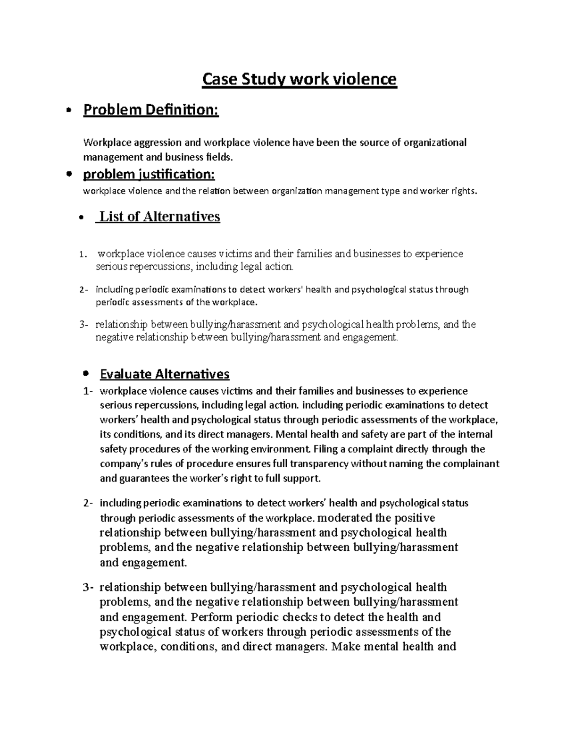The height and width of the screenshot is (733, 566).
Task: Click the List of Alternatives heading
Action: click(158, 217)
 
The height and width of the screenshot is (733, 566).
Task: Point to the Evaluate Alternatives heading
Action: click(165, 374)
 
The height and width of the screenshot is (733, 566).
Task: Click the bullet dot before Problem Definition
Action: click(69, 110)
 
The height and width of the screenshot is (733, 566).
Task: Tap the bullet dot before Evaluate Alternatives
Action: click(85, 373)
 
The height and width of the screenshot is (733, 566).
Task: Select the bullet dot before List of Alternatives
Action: click(83, 218)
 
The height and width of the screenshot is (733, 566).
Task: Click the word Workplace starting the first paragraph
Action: click(103, 143)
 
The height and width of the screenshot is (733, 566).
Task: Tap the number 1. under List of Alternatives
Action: click(83, 255)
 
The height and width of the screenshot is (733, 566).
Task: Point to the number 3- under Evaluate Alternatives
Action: click(88, 588)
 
